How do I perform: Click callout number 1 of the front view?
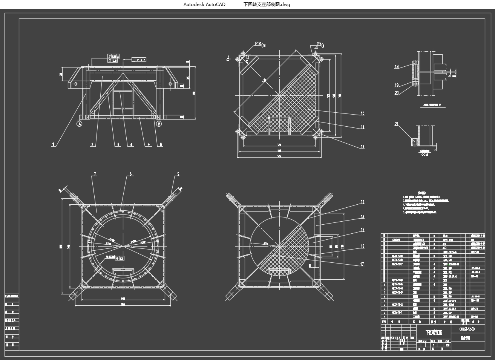(x=54, y=144)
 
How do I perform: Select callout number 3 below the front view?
(x=118, y=144)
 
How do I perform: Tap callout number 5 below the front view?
(x=149, y=144)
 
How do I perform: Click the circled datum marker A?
(x=79, y=124)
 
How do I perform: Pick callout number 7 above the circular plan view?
(x=95, y=174)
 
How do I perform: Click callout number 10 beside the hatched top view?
(x=362, y=113)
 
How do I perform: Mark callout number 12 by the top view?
(x=362, y=147)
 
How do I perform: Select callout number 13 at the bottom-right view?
(x=362, y=202)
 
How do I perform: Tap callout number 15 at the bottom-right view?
(x=362, y=230)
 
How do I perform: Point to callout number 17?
(x=362, y=264)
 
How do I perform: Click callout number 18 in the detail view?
(x=397, y=67)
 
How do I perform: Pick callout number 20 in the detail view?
(x=397, y=93)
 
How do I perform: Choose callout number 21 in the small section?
(x=397, y=124)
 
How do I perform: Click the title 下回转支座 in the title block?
(x=433, y=332)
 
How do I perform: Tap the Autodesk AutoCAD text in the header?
(x=204, y=5)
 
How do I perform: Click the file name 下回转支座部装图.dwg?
(x=267, y=5)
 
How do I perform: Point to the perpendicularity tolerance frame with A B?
(x=139, y=60)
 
